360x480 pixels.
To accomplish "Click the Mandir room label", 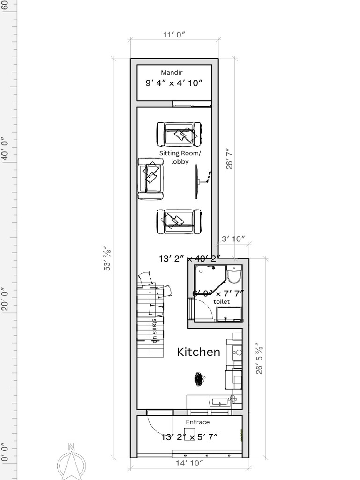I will coord(172,72).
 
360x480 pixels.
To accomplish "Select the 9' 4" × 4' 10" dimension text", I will coord(173,83).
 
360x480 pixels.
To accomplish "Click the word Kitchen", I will coord(198,352).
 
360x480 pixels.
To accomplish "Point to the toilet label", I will coord(222,302).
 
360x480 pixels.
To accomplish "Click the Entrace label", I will coord(198,422).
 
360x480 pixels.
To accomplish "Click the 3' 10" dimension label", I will coord(233,239).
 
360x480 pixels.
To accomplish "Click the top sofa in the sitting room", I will coord(179,134).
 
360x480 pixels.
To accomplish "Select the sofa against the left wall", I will coord(150,178).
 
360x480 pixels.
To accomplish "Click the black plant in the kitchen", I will coord(200,378).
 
